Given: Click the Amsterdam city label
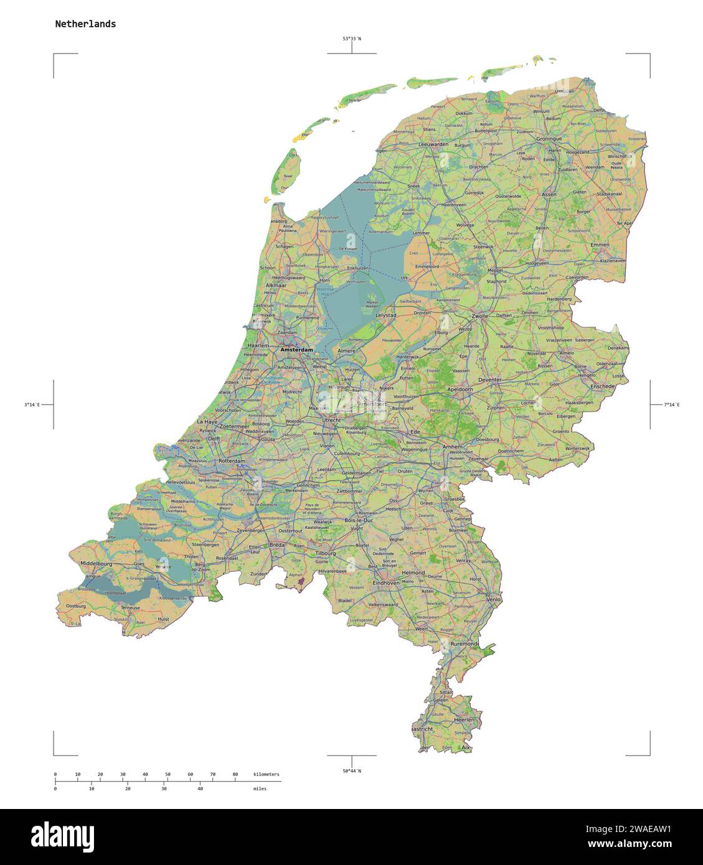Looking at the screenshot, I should point(296,350).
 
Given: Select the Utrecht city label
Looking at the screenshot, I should point(331,420).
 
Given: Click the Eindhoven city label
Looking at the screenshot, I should point(385,582).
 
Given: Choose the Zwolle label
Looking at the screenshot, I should point(480,316).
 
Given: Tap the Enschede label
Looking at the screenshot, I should point(603,386).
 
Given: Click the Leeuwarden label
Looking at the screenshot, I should point(434,144).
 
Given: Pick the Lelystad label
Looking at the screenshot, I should point(386,316).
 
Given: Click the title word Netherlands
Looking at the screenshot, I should point(85,24).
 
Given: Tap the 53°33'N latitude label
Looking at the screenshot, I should point(352,39).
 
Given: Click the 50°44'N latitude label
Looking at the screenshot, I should point(352,770).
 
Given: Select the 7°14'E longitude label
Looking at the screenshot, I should point(672,404).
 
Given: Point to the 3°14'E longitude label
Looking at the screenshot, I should point(32,404).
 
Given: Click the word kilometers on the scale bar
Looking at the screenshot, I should point(267,774).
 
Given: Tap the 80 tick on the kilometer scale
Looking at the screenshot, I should point(235,774).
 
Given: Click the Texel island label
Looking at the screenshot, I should point(287,176).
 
